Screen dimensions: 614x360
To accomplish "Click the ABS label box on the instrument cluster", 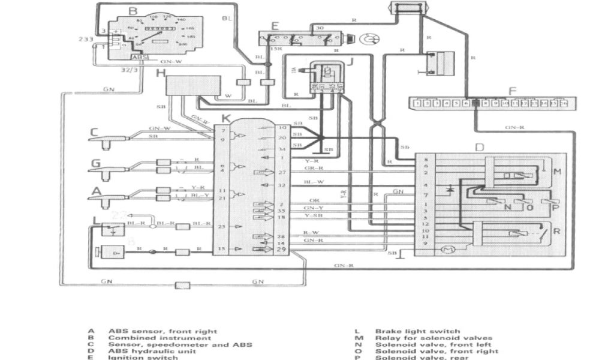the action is click(x=138, y=57).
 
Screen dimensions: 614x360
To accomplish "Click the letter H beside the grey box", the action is click(x=160, y=73).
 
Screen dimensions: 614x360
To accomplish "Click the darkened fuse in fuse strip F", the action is click(x=475, y=103).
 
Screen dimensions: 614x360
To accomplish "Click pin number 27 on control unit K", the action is click(x=282, y=173).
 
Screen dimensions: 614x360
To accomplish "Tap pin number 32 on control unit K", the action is click(x=282, y=185).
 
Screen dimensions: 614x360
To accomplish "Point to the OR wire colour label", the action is click(x=314, y=200).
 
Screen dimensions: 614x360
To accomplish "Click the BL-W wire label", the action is click(x=314, y=181).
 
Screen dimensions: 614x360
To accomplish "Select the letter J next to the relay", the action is click(x=352, y=60).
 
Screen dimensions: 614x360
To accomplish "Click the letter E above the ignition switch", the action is click(x=275, y=26).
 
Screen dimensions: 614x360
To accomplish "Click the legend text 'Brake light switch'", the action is click(x=417, y=331).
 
